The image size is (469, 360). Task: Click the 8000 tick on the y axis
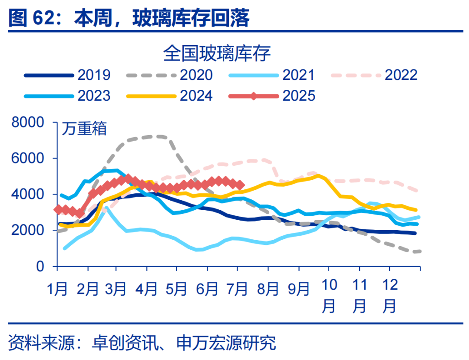point(27,123)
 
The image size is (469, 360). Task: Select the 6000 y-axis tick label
point(27,159)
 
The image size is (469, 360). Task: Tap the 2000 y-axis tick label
point(27,230)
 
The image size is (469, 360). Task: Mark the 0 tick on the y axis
point(40,266)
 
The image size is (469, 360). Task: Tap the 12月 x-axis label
point(390,295)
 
